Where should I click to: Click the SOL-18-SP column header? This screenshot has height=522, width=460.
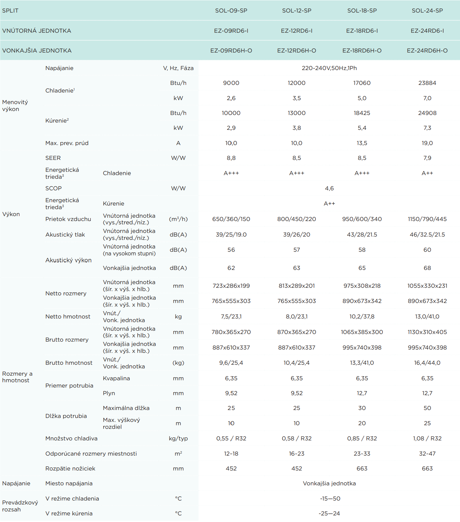pos(362,11)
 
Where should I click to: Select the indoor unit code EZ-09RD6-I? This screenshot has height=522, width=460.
pos(231,31)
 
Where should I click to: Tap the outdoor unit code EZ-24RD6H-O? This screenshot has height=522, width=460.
pos(427,51)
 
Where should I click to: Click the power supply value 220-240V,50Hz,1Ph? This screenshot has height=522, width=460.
pos(329,68)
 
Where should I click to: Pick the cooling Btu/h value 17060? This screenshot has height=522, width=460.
pos(362,83)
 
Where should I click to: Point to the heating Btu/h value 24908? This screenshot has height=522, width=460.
pos(427,113)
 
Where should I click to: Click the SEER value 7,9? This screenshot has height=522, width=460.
pos(427,158)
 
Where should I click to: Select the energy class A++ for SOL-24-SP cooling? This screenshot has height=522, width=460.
pos(427,173)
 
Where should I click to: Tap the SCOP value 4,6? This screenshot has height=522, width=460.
pos(329,188)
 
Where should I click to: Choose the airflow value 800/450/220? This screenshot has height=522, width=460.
pos(296,219)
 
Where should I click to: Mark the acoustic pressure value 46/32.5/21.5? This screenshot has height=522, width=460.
pos(427,235)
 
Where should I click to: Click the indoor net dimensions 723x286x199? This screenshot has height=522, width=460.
pos(231,286)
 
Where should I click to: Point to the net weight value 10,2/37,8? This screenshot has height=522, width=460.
pos(362,317)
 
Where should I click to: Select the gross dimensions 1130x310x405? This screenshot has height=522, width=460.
pos(427,332)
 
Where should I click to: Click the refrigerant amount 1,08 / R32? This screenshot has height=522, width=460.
pos(427,438)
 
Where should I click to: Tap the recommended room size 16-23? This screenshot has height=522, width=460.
pos(296,454)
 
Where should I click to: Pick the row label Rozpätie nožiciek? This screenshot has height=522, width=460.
pos(70,468)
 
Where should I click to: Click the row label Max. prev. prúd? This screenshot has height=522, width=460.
pos(67,143)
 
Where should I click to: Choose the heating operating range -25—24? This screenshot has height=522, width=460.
pos(329,513)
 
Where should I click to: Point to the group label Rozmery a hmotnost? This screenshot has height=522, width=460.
pos(17,377)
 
